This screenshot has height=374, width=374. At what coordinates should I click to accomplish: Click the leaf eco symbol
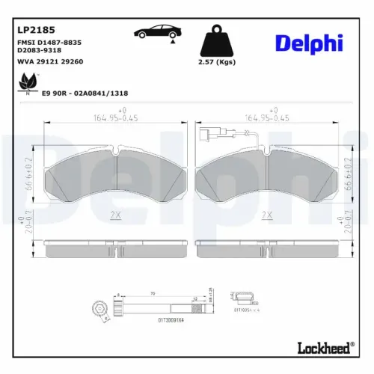pos(29,82)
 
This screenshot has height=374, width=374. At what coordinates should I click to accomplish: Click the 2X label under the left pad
pos(115,214)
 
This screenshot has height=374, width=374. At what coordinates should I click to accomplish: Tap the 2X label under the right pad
pos(267,214)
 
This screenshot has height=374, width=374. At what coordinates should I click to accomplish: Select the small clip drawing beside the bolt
pos(242,297)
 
